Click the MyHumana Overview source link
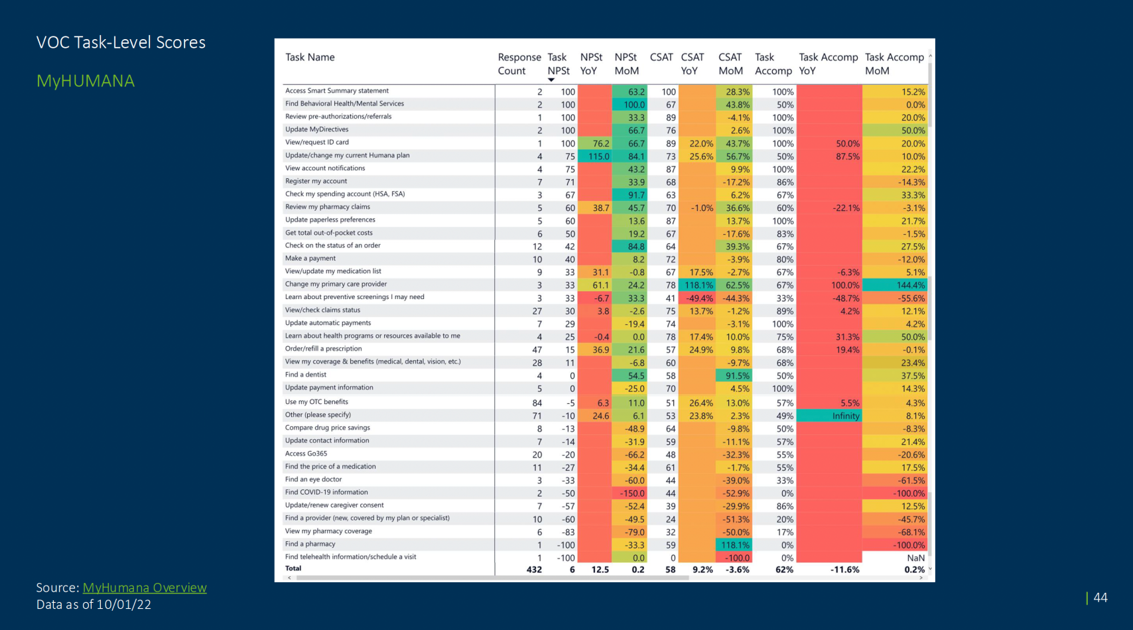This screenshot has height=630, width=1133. click(x=145, y=588)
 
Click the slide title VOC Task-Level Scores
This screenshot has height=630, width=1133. click(x=121, y=42)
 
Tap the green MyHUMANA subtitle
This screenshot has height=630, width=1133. click(x=86, y=81)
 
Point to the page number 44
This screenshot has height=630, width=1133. click(x=1100, y=598)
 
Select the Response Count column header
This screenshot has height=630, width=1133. click(x=519, y=64)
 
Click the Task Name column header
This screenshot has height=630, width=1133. click(x=310, y=57)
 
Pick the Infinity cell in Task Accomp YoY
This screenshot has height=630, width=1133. click(x=846, y=416)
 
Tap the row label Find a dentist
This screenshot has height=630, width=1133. click(x=306, y=375)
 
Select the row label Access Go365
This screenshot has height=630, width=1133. click(x=306, y=454)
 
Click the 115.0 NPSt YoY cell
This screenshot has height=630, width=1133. click(x=598, y=157)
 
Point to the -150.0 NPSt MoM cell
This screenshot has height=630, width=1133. click(x=632, y=493)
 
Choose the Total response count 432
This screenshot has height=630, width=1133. click(x=534, y=570)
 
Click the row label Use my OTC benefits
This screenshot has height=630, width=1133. click(x=316, y=402)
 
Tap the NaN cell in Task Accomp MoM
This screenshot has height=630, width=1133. click(x=915, y=558)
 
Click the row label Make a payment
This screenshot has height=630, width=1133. click(x=310, y=259)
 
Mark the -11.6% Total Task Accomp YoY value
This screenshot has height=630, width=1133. click(x=844, y=570)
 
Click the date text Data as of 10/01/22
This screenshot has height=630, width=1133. click(x=94, y=605)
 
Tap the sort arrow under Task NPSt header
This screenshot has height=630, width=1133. click(x=551, y=80)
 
